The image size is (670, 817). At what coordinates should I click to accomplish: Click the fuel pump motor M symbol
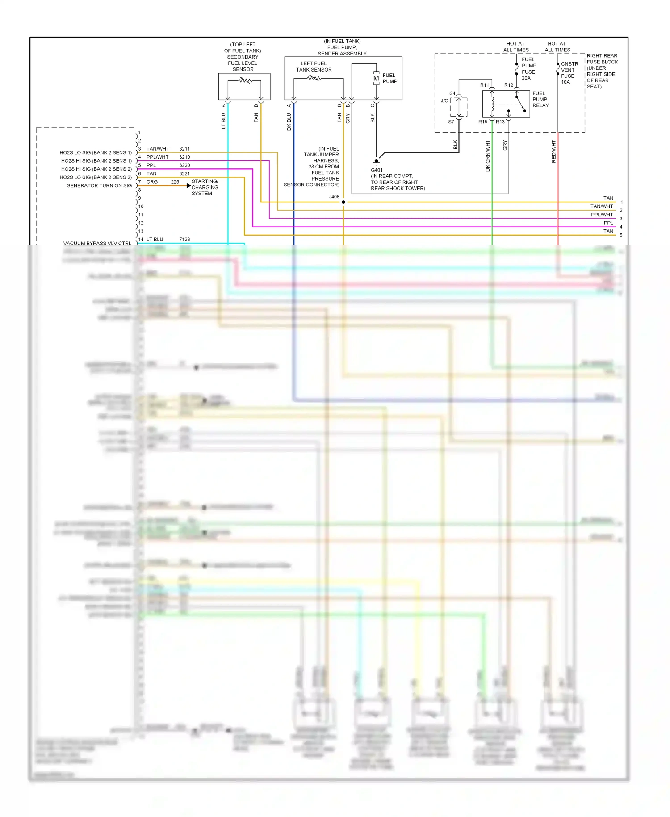click(376, 79)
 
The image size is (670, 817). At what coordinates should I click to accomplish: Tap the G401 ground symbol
click(376, 162)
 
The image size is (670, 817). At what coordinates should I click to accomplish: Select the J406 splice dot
click(343, 202)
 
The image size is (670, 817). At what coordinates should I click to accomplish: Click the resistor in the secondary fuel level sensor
click(245, 80)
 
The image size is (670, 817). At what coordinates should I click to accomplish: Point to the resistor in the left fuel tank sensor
click(314, 78)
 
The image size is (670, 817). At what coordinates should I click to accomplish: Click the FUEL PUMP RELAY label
click(540, 99)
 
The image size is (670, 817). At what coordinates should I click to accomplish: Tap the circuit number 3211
click(184, 149)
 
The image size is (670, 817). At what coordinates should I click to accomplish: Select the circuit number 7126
click(184, 240)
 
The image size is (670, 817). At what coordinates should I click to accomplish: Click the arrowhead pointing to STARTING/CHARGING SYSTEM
click(188, 185)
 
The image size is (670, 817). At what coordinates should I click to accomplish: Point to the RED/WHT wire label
click(553, 151)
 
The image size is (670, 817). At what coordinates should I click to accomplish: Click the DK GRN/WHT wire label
click(488, 156)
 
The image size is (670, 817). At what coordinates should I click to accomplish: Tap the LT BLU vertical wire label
click(223, 121)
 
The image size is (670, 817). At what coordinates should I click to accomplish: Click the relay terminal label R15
click(483, 122)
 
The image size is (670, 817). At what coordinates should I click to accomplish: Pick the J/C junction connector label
click(444, 101)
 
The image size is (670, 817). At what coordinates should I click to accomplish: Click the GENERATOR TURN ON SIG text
click(99, 185)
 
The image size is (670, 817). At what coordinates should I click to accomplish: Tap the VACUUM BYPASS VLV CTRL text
click(97, 244)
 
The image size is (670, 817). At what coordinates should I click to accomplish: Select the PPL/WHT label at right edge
click(602, 215)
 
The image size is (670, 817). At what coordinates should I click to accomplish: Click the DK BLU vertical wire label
click(289, 122)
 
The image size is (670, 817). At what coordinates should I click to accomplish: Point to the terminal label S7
click(451, 122)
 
